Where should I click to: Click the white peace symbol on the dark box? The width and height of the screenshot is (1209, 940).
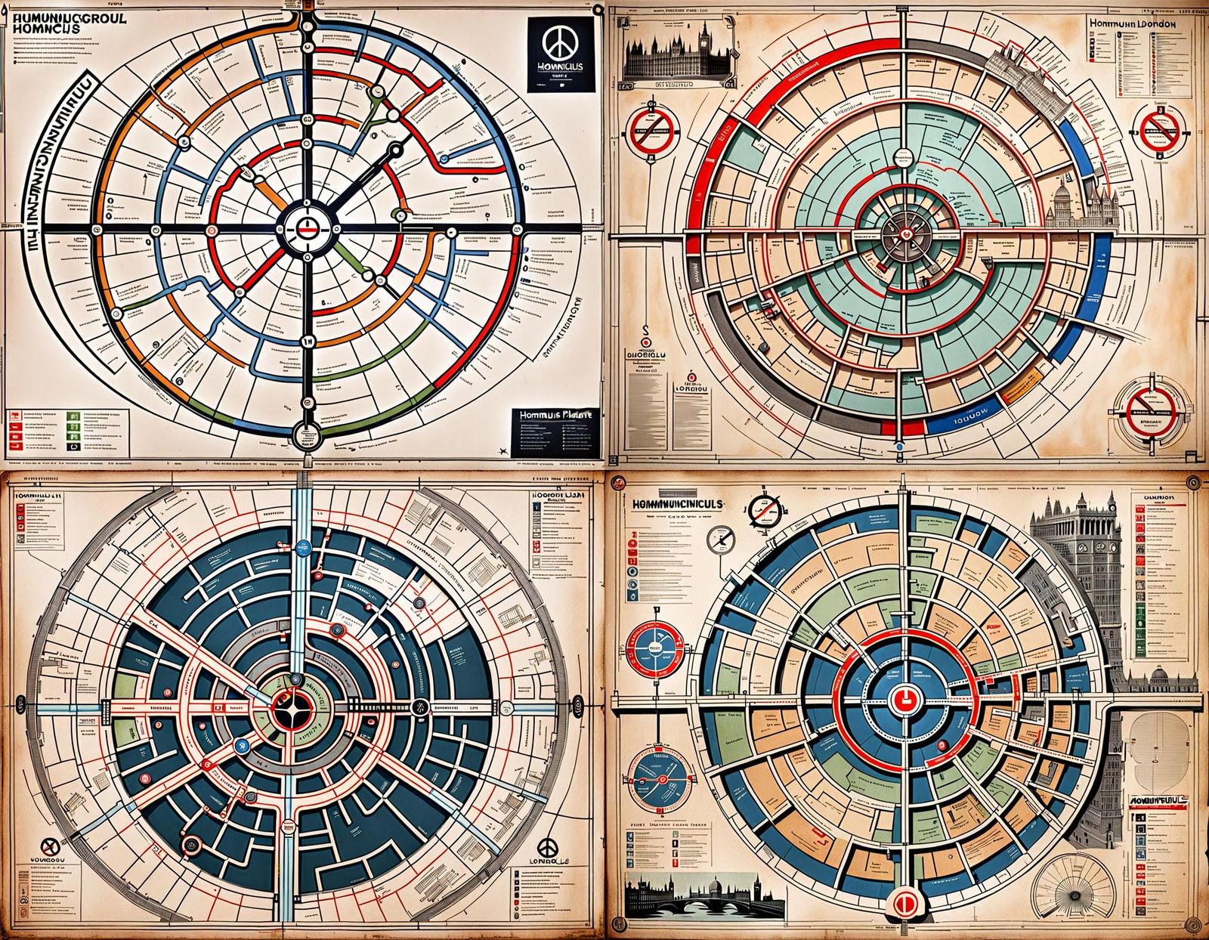tap(558, 45)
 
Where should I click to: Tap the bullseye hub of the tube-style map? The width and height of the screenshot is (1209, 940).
tap(307, 225)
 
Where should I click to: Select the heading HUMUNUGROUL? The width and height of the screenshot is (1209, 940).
tap(67, 14)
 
